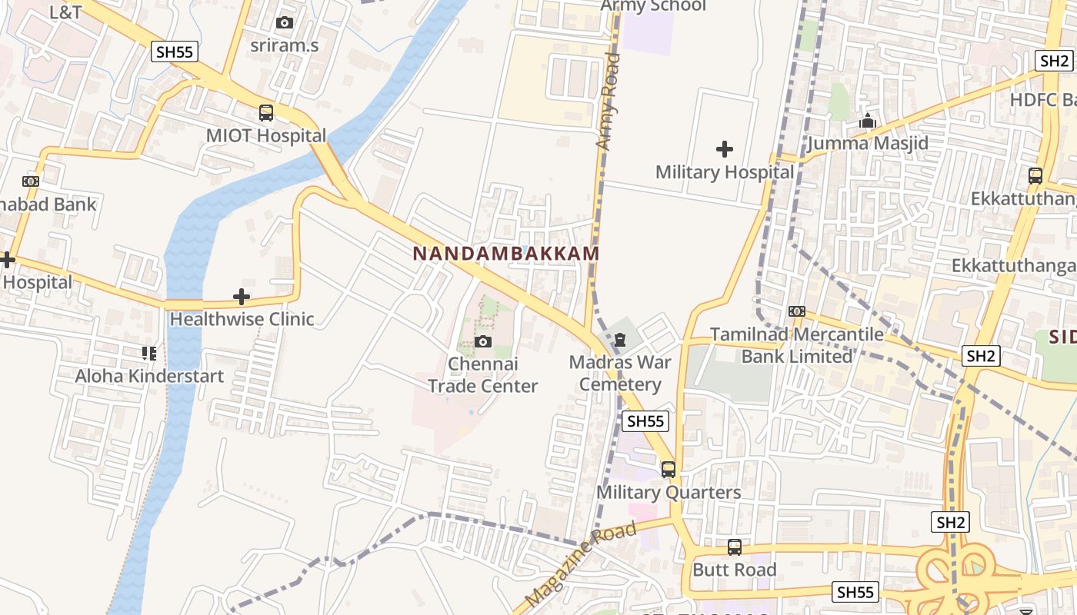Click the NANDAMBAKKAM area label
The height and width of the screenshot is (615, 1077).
click(x=505, y=253)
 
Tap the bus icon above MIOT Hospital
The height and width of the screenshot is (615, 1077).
click(x=266, y=113)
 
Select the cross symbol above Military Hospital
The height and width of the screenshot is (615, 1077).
click(x=724, y=149)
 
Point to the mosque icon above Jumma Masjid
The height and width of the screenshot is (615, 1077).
click(x=868, y=121)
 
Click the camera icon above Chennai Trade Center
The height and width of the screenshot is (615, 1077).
click(x=483, y=342)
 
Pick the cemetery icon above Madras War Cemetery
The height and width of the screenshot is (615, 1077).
click(x=621, y=339)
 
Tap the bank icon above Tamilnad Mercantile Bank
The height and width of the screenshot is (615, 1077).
click(x=796, y=311)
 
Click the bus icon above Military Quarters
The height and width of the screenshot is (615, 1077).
click(x=669, y=470)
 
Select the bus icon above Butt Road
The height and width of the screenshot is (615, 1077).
click(x=735, y=547)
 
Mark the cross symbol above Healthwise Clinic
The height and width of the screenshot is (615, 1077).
click(x=242, y=297)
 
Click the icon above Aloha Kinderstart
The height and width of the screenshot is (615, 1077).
click(x=148, y=354)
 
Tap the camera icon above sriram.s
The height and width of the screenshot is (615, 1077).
click(x=284, y=23)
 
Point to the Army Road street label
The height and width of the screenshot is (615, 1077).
click(x=608, y=101)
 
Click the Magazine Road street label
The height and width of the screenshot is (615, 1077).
click(x=582, y=563)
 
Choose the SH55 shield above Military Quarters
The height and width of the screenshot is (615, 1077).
click(x=645, y=421)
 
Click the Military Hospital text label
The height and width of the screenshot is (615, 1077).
click(x=724, y=172)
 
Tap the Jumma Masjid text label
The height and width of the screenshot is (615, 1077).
click(x=868, y=144)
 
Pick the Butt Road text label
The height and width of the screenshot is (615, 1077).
click(x=735, y=570)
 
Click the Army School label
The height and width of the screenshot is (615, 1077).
click(x=653, y=6)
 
